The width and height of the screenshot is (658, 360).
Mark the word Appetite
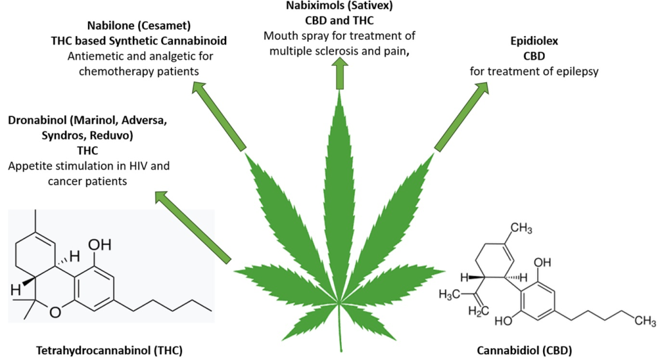30,166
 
